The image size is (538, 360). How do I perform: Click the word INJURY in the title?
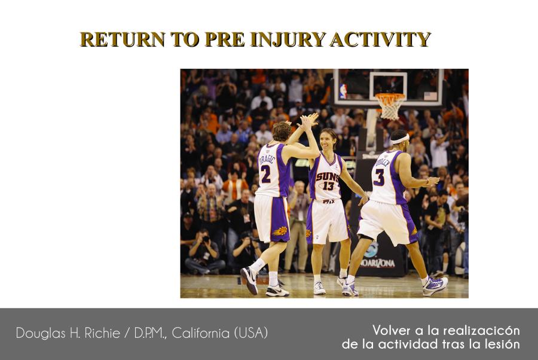coord(288,39)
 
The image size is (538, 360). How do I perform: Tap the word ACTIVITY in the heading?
coord(380,39)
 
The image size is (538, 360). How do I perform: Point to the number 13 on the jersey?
coord(328,185)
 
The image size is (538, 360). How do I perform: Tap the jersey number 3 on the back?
coord(379,177)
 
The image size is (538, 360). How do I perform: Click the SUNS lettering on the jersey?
coord(327,177)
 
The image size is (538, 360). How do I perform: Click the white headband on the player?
coord(401,139)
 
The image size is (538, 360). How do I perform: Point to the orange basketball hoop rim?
coord(390,96)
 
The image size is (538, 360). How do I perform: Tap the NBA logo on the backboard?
coord(343,91)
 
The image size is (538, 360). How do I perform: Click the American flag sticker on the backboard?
coord(430,96)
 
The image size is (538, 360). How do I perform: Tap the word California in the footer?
coord(201,333)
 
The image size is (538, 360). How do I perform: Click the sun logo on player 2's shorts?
coord(280,231)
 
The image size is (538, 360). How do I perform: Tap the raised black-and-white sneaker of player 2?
coord(249,280)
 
